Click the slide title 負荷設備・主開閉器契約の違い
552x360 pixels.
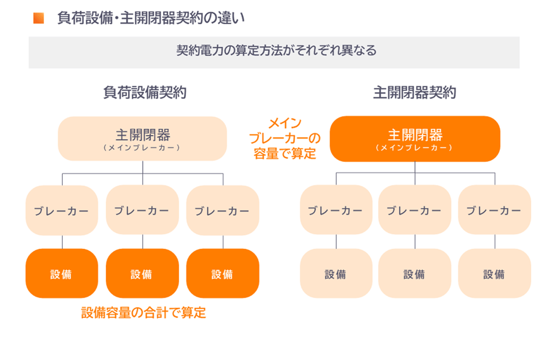tap(150, 18)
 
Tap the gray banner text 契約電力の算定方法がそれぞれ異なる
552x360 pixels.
tap(276, 51)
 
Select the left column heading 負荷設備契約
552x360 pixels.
tap(145, 93)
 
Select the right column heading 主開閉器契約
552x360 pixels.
tap(414, 93)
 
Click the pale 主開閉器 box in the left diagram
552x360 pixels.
tap(143, 138)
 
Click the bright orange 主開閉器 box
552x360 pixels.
tap(415, 138)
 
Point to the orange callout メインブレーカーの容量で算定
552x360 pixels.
tap(284, 138)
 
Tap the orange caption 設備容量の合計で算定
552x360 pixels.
tap(143, 312)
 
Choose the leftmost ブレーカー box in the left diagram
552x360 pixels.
tap(62, 211)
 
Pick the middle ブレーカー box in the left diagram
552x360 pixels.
tap(142, 211)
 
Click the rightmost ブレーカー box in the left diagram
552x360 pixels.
tap(222, 211)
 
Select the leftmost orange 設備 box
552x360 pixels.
tap(62, 274)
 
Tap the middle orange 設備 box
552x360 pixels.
tap(142, 274)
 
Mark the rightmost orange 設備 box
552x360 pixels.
tap(222, 274)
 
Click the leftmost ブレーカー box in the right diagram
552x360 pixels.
tap(336, 211)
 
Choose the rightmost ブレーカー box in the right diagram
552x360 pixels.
tap(494, 211)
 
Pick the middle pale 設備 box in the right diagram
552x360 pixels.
tap(414, 274)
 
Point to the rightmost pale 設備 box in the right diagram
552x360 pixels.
tap(494, 274)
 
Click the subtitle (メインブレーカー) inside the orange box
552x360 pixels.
tap(415, 147)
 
